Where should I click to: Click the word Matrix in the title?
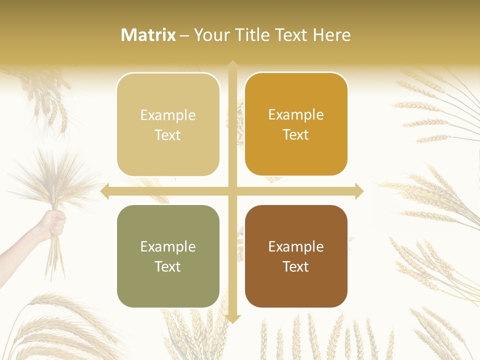(148, 35)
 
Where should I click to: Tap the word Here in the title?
(332, 35)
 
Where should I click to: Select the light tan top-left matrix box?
(168, 124)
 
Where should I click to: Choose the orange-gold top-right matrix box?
(296, 124)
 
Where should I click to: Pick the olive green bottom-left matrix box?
(168, 256)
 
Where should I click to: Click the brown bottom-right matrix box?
(296, 256)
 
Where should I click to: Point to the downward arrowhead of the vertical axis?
(232, 318)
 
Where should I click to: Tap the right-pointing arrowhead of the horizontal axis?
(358, 191)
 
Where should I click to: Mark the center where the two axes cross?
(232, 191)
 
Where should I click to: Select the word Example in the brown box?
(296, 246)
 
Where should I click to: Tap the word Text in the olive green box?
(168, 266)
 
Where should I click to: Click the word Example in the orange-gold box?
(296, 115)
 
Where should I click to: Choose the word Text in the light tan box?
(168, 135)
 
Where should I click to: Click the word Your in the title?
(210, 35)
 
